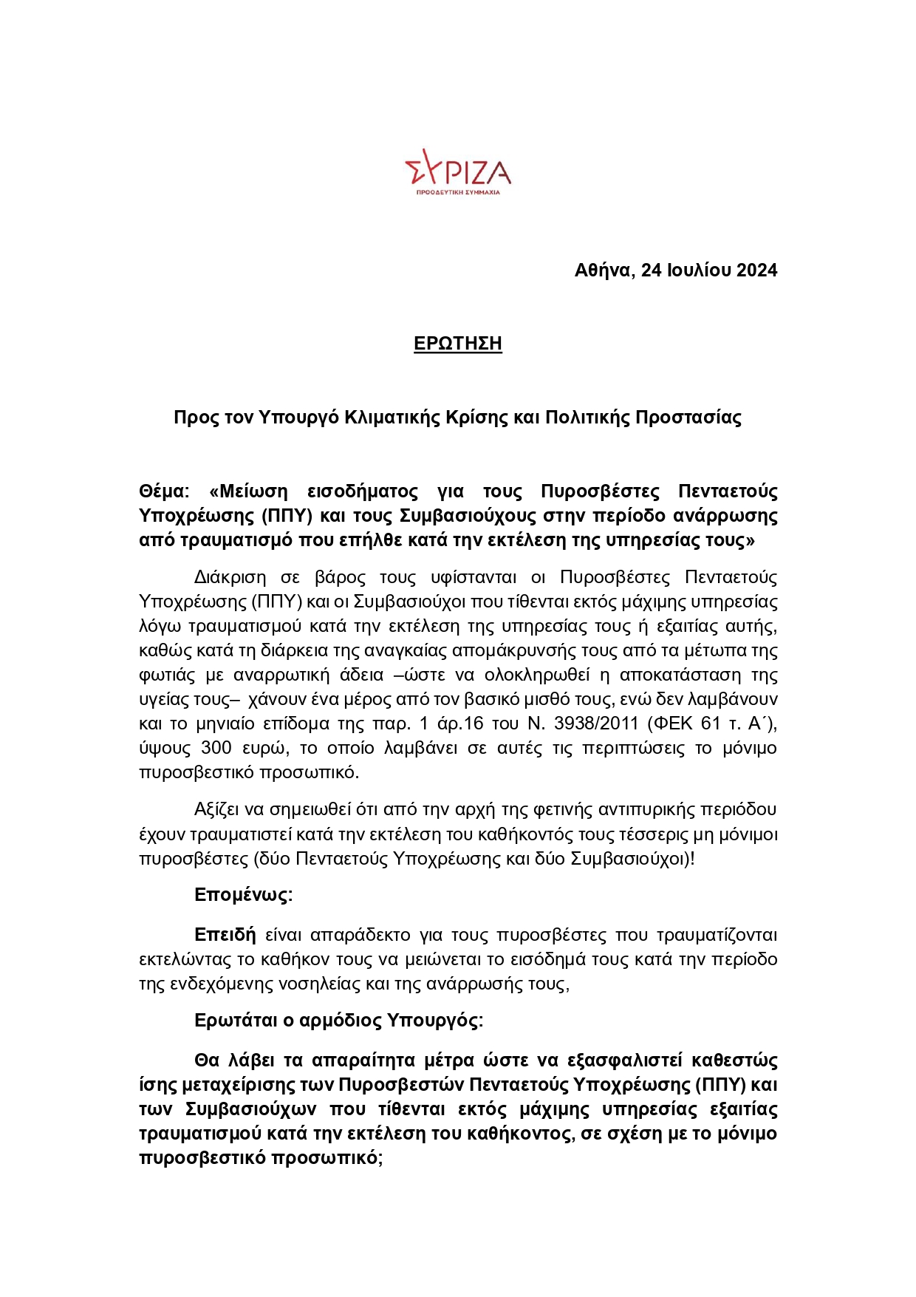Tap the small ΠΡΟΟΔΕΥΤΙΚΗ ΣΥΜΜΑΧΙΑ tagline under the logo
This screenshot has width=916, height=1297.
click(458, 192)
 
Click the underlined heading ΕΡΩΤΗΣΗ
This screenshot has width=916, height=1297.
click(458, 344)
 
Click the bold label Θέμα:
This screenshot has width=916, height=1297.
click(164, 491)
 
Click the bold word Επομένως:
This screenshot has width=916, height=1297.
click(243, 895)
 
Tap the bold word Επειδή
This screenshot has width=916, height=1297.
click(225, 935)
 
